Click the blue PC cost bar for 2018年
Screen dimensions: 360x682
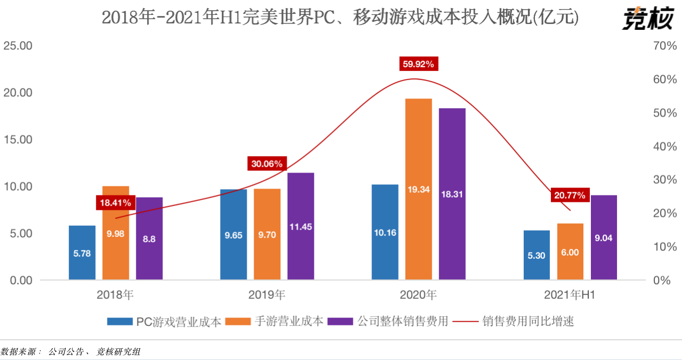point(82,252)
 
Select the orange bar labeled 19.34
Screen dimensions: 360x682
point(418,189)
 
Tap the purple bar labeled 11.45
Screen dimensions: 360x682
point(301,226)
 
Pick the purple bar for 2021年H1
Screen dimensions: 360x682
point(604,237)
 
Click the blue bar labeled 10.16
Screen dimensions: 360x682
point(385,232)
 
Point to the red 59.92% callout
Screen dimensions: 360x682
point(418,64)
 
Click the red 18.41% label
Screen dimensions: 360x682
point(114,203)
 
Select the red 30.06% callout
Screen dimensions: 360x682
point(267,163)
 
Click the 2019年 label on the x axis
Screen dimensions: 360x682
point(267,294)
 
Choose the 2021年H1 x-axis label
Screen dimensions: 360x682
point(570,294)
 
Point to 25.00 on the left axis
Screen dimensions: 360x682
point(19,46)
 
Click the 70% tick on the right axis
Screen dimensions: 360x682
point(664,46)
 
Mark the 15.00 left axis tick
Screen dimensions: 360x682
point(19,140)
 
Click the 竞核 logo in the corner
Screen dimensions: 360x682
point(646,19)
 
